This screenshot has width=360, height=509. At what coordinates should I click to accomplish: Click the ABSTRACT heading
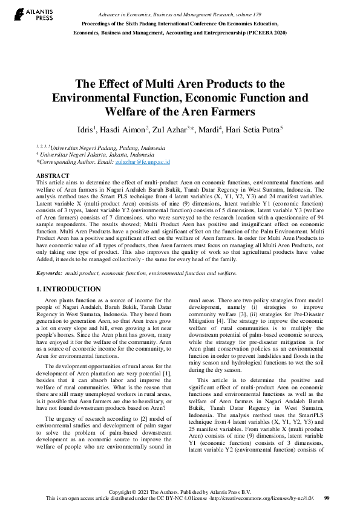tap(53, 175)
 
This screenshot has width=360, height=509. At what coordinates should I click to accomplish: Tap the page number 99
tap(327, 498)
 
